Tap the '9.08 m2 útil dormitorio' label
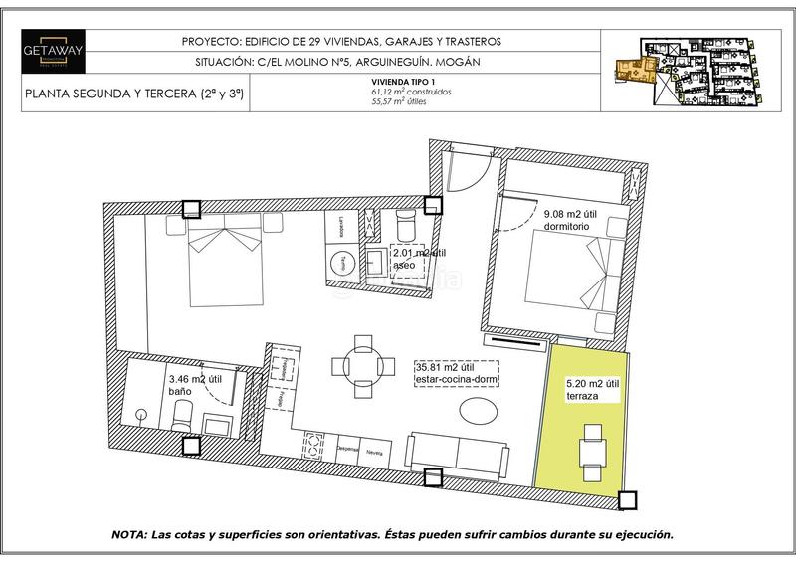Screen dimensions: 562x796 coord(573,220)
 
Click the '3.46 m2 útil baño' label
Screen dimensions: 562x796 coord(194,385)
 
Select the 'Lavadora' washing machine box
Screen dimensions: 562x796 coord(341,227)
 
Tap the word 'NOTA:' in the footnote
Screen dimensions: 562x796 coord(132,533)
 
